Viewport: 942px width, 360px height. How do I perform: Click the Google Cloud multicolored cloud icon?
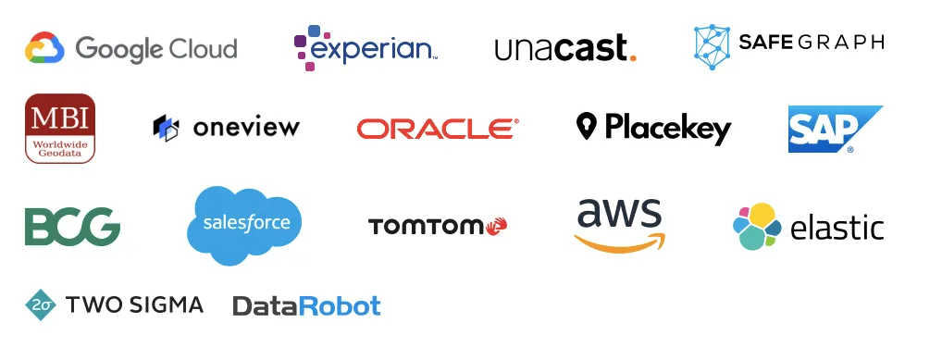(43, 47)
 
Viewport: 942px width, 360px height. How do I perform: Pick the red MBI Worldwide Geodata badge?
(60, 128)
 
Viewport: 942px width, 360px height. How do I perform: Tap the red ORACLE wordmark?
(437, 129)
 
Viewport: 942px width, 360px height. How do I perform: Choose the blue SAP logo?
(834, 129)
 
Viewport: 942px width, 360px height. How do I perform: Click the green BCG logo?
(72, 227)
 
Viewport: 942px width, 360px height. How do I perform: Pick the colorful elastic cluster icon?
(756, 226)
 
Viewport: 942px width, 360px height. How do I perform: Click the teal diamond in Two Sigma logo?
(41, 304)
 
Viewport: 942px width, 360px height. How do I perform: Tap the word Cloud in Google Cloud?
(195, 48)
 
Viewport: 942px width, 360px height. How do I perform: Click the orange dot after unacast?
(632, 56)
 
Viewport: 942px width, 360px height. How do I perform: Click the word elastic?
(837, 228)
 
